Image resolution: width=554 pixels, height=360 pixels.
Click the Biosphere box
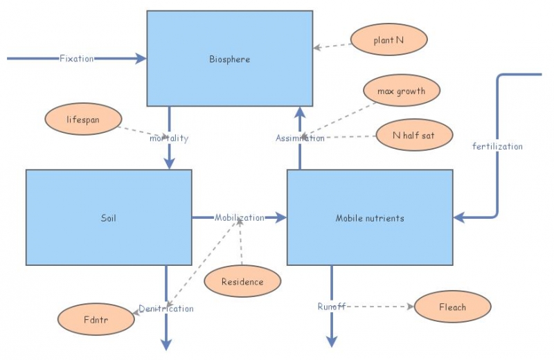click(229, 59)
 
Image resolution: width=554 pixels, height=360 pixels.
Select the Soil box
click(109, 217)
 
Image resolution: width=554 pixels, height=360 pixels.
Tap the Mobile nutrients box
click(370, 217)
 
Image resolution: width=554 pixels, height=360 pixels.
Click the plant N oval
click(388, 40)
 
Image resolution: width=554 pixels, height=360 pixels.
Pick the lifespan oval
click(83, 119)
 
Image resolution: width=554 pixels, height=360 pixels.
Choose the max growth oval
click(401, 91)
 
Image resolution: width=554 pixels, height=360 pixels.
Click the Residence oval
click(242, 282)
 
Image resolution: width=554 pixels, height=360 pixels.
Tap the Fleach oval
click(452, 307)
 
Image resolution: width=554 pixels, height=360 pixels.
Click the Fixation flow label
click(76, 59)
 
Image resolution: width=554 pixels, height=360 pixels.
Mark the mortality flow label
click(169, 138)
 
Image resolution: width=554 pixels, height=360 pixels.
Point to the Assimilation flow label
click(300, 138)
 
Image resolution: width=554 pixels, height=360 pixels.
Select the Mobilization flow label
click(239, 217)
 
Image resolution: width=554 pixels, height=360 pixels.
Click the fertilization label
click(497, 146)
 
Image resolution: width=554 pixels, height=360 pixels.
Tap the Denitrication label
click(166, 308)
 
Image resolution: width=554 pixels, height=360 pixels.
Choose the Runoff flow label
click(331, 306)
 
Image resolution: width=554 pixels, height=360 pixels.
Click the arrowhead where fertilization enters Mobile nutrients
click(459, 217)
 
